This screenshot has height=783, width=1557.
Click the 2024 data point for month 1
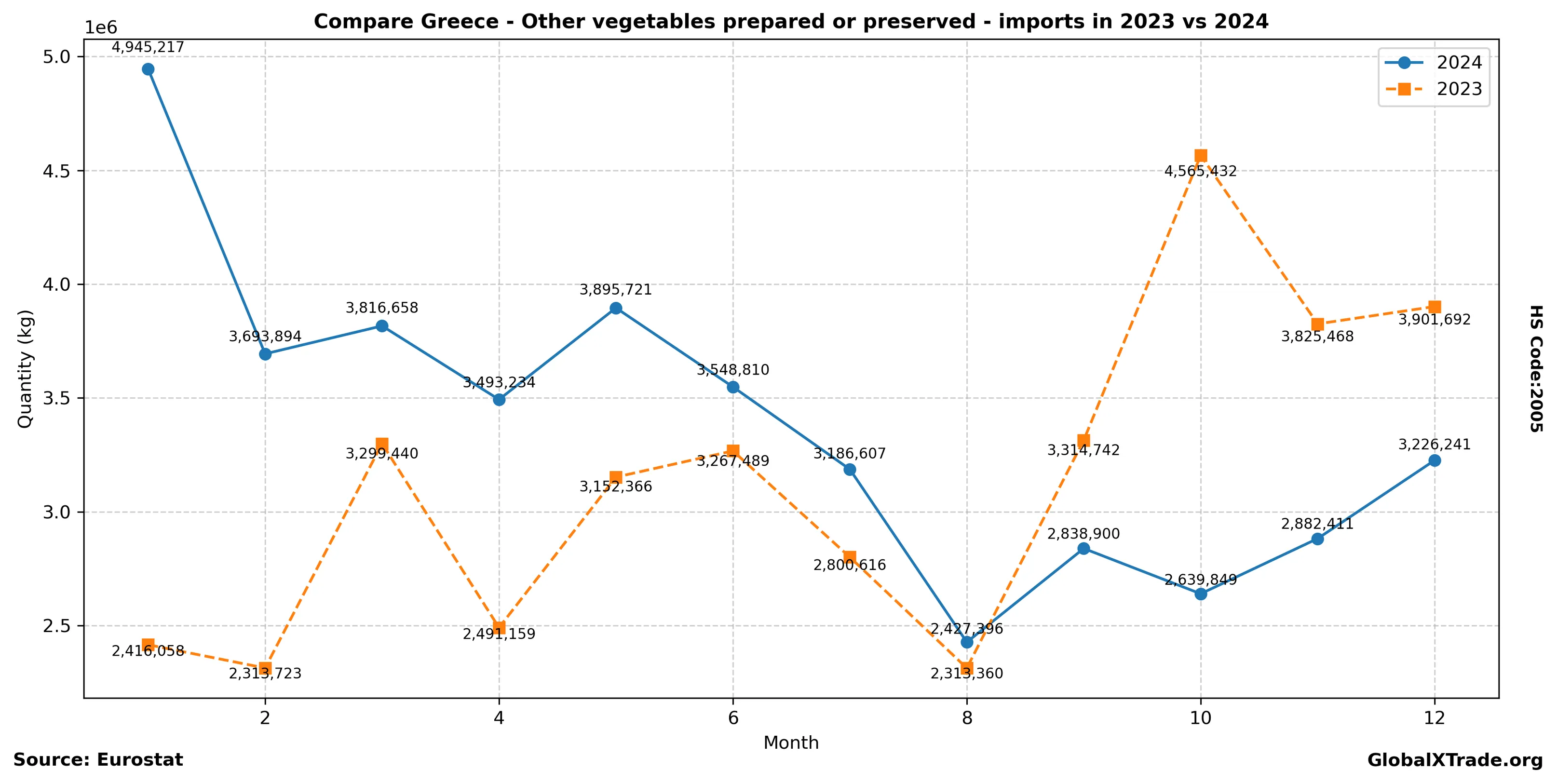click(x=148, y=69)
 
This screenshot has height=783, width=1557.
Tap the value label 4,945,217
click(x=148, y=48)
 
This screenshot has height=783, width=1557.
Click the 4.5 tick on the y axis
click(x=57, y=171)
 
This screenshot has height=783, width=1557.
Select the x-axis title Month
click(x=791, y=743)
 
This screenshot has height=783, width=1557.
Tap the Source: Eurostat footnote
click(x=98, y=760)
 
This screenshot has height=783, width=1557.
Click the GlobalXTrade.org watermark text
click(x=1455, y=761)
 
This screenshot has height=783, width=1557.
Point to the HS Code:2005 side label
click(x=1536, y=368)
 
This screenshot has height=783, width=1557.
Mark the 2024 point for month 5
click(x=616, y=309)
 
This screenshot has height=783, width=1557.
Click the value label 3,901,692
click(x=1435, y=320)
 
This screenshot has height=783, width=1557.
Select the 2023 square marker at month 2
click(x=265, y=668)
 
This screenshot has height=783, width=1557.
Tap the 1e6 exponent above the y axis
click(x=100, y=28)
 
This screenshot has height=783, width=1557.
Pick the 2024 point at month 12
click(x=1435, y=461)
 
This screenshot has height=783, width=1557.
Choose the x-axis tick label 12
click(x=1435, y=718)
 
